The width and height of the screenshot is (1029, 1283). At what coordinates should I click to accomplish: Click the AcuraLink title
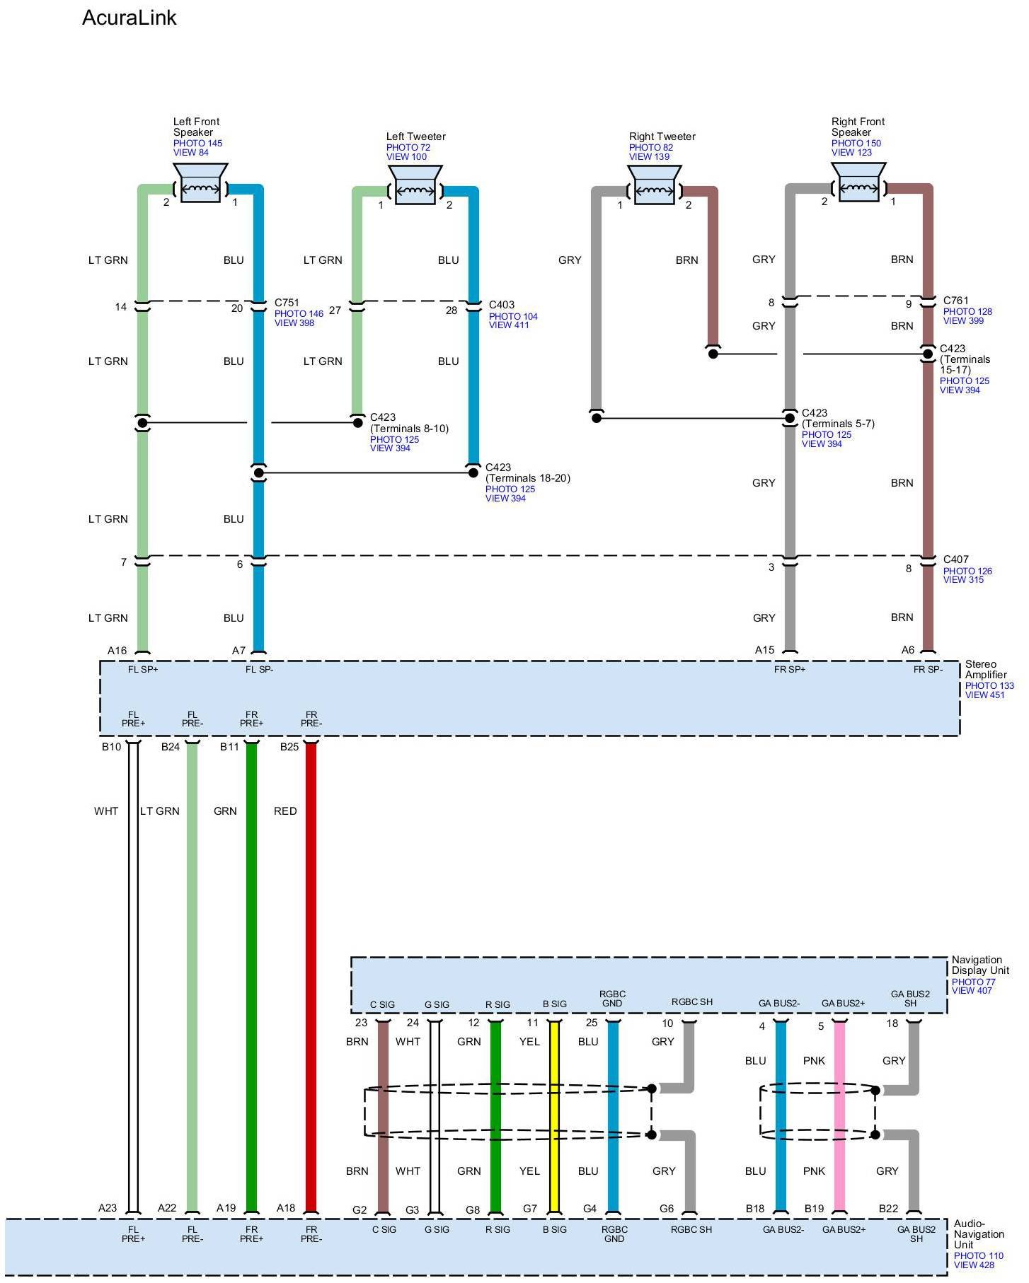pyautogui.click(x=129, y=18)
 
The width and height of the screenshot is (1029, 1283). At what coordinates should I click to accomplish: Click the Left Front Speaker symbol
pyautogui.click(x=200, y=183)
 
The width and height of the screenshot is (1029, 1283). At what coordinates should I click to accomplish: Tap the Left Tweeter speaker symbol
pyautogui.click(x=415, y=185)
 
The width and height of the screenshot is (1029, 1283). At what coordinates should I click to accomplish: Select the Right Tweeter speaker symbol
pyautogui.click(x=655, y=185)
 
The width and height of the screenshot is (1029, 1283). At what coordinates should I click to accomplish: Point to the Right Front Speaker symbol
pyautogui.click(x=858, y=182)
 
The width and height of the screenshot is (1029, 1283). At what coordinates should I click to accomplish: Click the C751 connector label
pyautogui.click(x=287, y=303)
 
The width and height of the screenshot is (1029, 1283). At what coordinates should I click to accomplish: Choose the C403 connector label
pyautogui.click(x=502, y=305)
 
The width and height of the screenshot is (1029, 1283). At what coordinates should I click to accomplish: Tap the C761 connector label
pyautogui.click(x=956, y=301)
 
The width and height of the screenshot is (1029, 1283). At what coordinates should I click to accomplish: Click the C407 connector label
pyautogui.click(x=956, y=559)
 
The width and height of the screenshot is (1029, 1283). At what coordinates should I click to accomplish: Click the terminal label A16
pyautogui.click(x=117, y=651)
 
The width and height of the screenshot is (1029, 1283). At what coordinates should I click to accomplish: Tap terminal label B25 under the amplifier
pyautogui.click(x=289, y=747)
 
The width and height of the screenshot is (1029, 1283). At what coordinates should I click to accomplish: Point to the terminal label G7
pyautogui.click(x=530, y=1209)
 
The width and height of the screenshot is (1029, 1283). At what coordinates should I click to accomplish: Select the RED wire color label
pyautogui.click(x=285, y=811)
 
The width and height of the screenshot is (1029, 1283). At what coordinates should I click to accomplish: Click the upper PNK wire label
pyautogui.click(x=815, y=1061)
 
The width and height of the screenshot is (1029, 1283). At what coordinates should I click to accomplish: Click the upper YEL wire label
pyautogui.click(x=529, y=1042)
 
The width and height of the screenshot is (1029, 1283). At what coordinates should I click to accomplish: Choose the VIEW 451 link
pyautogui.click(x=985, y=695)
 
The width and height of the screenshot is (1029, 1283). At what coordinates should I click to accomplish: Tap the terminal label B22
pyautogui.click(x=889, y=1209)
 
